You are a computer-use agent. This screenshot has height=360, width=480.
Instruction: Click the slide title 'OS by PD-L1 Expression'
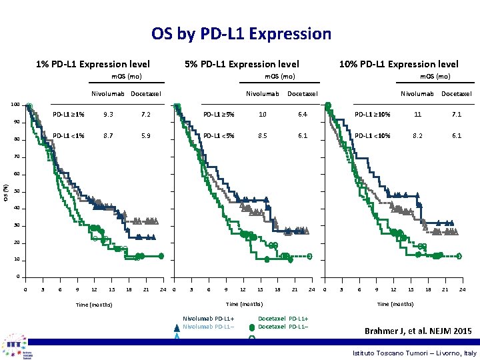tap(241, 33)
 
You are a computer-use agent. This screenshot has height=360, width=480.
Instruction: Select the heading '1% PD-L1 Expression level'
tap(93, 64)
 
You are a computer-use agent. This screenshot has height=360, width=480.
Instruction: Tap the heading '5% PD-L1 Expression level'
tap(241, 64)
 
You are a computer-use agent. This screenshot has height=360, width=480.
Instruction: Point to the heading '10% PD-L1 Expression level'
tap(399, 64)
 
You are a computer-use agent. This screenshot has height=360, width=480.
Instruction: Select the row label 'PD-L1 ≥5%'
tap(218, 115)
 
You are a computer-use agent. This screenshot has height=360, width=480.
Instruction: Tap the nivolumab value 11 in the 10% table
tap(417, 115)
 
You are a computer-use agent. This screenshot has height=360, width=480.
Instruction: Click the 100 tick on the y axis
tap(15, 105)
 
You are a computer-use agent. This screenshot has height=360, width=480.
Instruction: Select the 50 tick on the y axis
tap(17, 191)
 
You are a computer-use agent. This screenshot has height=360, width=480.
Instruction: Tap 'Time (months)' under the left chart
tap(94, 305)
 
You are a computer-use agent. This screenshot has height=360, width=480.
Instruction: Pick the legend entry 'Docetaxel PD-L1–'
tap(283, 326)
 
